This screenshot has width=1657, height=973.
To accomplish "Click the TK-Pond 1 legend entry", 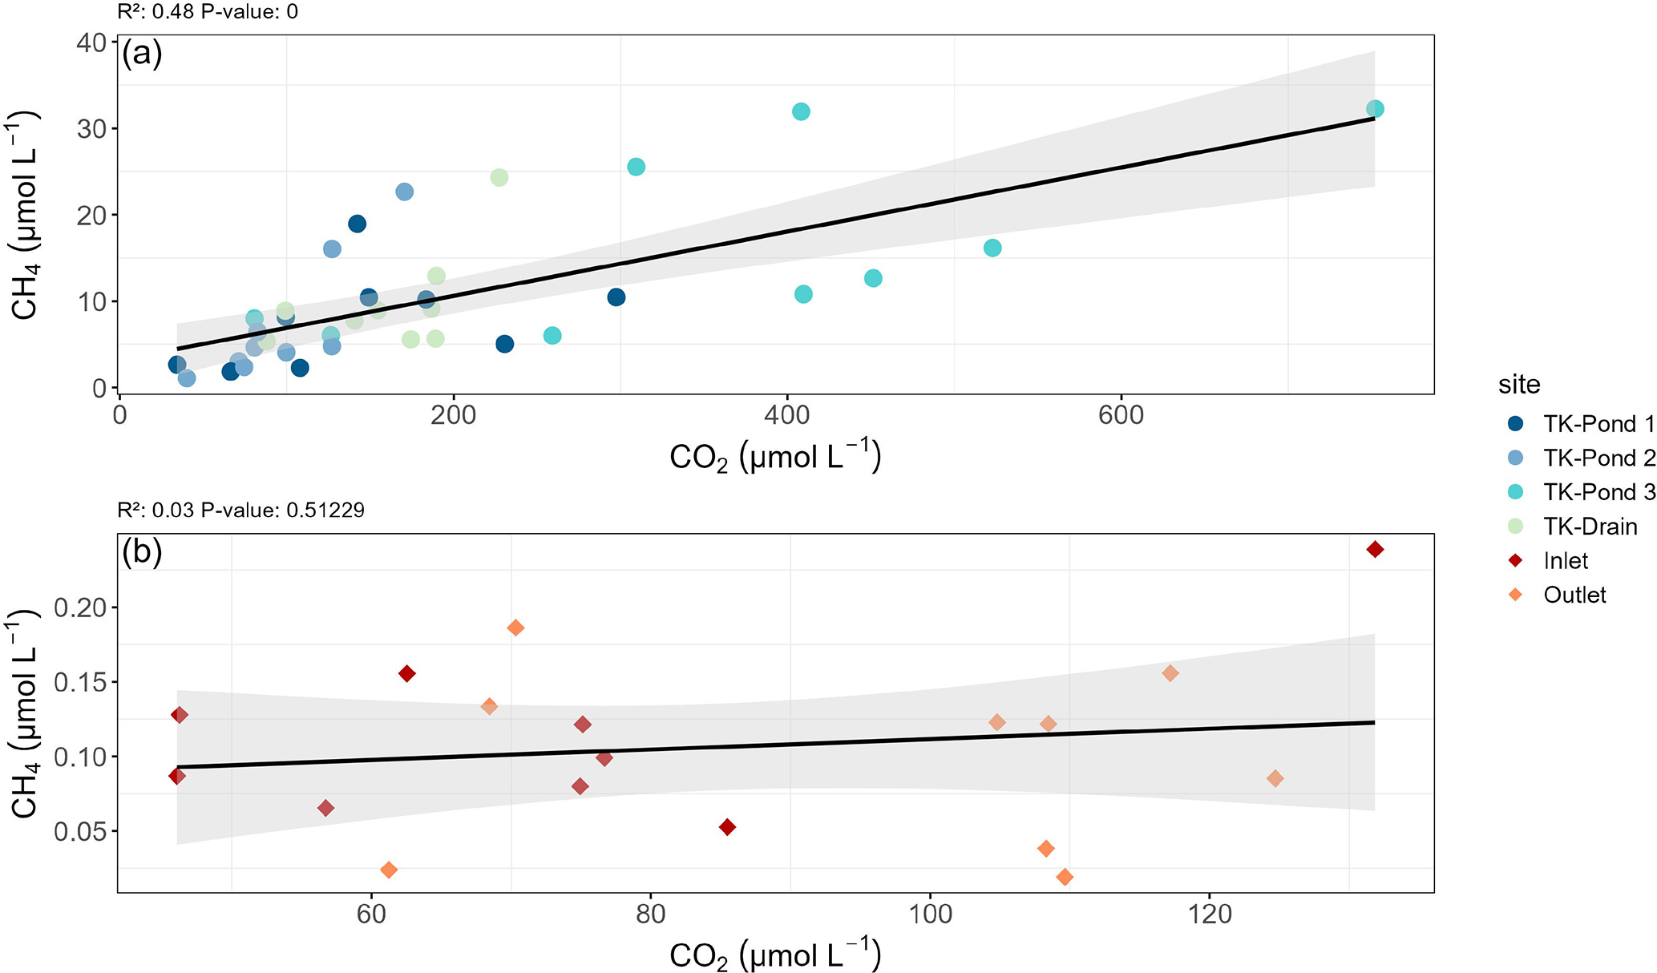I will click(1598, 423).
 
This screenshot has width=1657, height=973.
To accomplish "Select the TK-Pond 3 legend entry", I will click(1598, 491).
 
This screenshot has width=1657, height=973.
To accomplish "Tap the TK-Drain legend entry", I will click(1590, 527).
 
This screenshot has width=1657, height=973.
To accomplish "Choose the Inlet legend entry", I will click(1565, 560).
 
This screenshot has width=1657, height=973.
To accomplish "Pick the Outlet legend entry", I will click(1574, 595).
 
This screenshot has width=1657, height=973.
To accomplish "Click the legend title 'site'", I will click(1519, 385).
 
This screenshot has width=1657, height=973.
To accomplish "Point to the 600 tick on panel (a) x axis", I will click(1121, 415).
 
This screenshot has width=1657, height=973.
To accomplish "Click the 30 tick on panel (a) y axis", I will click(92, 128).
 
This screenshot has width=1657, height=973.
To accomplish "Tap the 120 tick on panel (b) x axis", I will click(1209, 913).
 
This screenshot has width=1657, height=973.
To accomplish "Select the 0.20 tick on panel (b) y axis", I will click(80, 608).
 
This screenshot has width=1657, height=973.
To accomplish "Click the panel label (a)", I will click(142, 55).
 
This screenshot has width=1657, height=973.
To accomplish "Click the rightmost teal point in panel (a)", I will click(1374, 109).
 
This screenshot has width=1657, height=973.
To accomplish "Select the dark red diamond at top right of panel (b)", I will click(1375, 549).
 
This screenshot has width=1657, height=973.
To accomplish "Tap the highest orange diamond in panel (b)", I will click(515, 628).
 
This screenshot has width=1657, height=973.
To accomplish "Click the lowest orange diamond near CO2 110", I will click(1065, 878).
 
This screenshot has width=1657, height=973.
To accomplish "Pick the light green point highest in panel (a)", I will click(499, 177).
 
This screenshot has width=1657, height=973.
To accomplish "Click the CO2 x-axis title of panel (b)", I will click(774, 955).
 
